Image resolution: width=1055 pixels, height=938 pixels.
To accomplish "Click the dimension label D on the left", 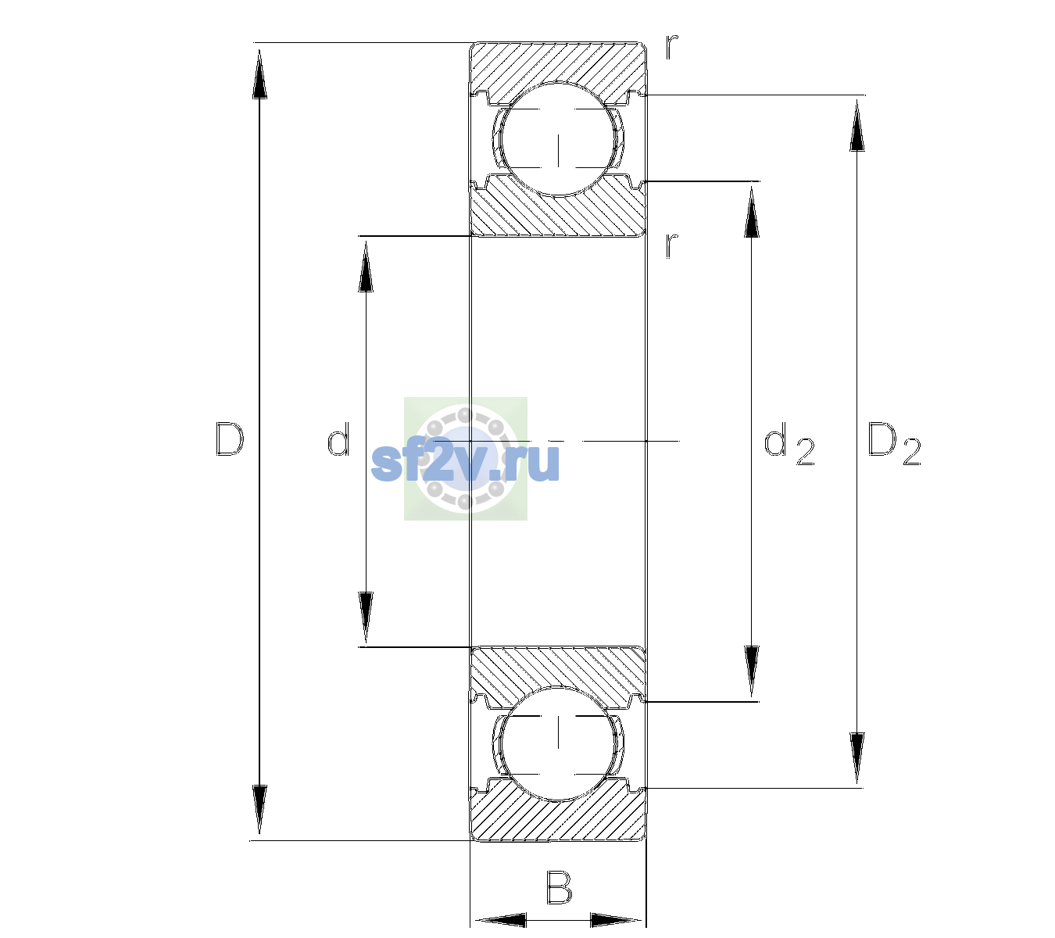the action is coord(230,439).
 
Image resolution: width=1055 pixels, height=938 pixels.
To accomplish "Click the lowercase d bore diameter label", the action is coord(338,439).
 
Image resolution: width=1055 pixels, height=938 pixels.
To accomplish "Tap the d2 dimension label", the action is coord(789,443).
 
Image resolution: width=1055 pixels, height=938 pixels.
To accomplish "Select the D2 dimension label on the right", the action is coord(894,443).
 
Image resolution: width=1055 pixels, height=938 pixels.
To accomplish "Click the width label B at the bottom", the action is coord(559,886).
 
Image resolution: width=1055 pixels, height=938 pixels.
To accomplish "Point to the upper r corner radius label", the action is coord(672,47).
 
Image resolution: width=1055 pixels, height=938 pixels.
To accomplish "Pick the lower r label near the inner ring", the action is coord(672,245).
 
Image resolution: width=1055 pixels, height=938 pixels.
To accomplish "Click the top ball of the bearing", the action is coord(558,139).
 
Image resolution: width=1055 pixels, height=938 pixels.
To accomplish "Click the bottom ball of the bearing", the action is coord(558,743).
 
